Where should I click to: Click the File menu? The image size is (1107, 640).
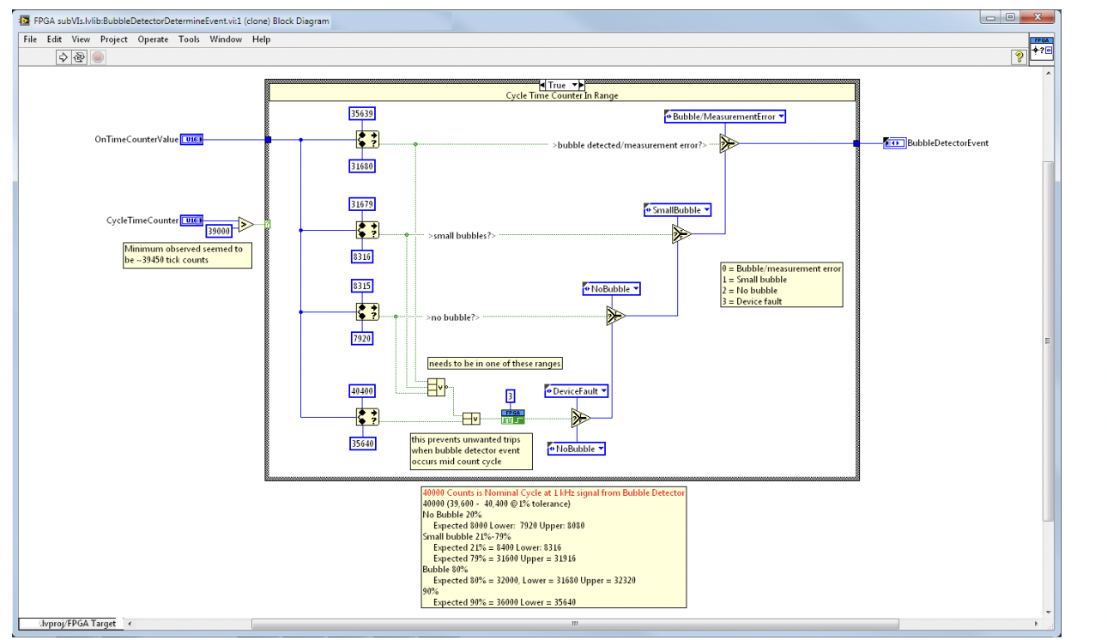click(30, 39)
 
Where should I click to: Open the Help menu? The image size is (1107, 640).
click(261, 39)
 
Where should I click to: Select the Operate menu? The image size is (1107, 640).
click(153, 39)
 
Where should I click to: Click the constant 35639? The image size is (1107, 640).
click(362, 113)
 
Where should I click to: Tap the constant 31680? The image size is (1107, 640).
click(362, 166)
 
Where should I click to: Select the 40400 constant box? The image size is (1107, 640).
click(362, 390)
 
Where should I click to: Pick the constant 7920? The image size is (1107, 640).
click(362, 339)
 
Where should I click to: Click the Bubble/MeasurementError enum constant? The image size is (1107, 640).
click(725, 117)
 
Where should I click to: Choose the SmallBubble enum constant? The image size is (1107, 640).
click(677, 210)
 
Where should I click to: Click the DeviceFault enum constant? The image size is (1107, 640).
click(577, 391)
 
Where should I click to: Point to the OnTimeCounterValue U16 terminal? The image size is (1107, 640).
click(191, 139)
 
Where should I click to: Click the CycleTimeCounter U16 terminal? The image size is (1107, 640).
click(191, 220)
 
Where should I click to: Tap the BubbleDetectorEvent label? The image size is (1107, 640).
click(947, 143)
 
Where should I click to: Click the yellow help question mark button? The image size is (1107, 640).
click(1019, 57)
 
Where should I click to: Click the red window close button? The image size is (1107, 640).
click(1041, 17)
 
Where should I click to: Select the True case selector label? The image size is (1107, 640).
click(557, 85)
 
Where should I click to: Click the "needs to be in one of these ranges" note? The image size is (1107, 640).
click(494, 363)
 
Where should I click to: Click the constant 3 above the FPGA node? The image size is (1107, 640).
click(510, 395)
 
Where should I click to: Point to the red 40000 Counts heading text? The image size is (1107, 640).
click(553, 492)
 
